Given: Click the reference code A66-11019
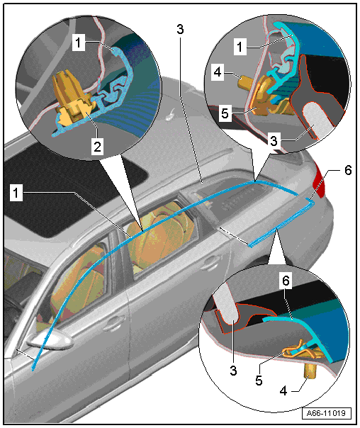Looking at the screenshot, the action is point(326,412).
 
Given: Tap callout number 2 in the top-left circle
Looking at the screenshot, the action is point(97,146).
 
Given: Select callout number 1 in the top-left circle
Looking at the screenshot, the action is point(79,43).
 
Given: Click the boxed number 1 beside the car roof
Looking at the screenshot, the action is point(16,193).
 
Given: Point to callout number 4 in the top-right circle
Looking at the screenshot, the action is point(218,72).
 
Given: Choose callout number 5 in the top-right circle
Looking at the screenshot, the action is point(225,113).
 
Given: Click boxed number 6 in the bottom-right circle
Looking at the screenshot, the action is point(286,281).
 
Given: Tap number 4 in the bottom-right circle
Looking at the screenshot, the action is point(283,390).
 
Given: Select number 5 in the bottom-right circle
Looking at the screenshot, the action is point(259,381).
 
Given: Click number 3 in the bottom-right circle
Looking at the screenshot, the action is point(233,371).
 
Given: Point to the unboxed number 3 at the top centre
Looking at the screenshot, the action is point(180,29).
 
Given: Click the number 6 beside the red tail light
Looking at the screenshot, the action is point(348,170).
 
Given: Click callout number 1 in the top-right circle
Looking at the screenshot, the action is point(240,47).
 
